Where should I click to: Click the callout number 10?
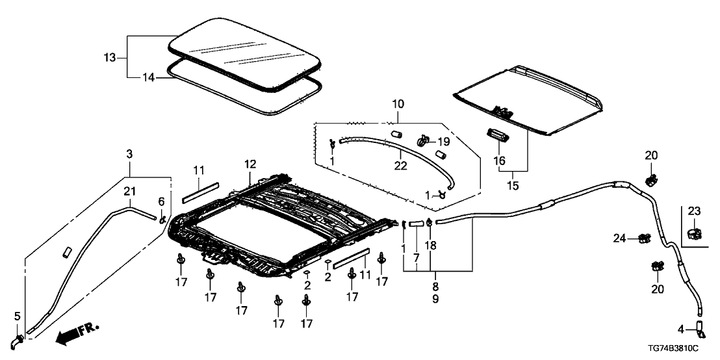[397, 105]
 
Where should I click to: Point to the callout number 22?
[402, 166]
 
